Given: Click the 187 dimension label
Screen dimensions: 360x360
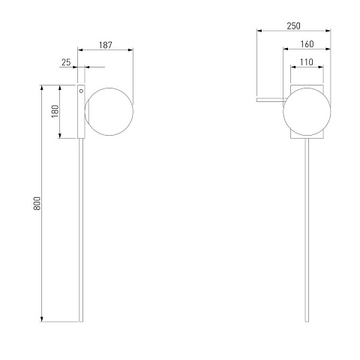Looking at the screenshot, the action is (106, 45).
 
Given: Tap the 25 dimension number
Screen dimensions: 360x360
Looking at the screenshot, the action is (66, 62).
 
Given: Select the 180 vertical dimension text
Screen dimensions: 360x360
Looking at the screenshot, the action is (55, 112).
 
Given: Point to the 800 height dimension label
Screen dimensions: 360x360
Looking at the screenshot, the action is (37, 203).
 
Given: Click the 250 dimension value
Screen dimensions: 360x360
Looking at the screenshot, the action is (294, 26).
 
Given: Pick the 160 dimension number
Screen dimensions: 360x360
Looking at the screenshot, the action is (307, 44).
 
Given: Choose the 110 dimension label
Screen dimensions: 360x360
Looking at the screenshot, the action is (307, 62).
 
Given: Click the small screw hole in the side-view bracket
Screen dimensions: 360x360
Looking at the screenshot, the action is (81, 91).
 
